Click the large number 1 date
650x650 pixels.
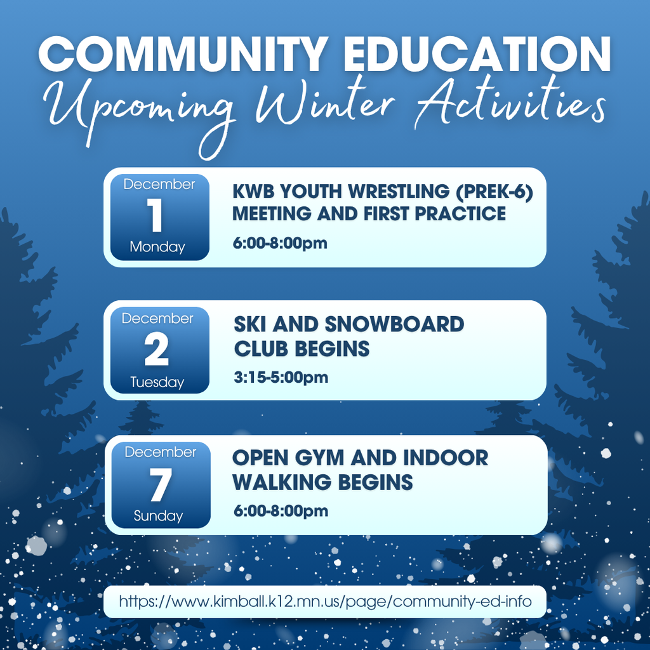click(x=157, y=216)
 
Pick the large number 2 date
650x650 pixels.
click(x=157, y=350)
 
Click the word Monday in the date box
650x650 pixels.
click(x=157, y=247)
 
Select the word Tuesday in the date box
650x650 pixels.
click(x=157, y=382)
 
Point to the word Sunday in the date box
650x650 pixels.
click(x=158, y=516)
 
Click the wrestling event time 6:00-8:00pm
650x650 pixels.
click(x=280, y=243)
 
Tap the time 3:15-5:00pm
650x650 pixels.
click(x=281, y=378)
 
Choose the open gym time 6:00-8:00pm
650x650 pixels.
click(x=280, y=511)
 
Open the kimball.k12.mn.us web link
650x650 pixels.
click(x=325, y=601)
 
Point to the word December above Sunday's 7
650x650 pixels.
click(x=160, y=452)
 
